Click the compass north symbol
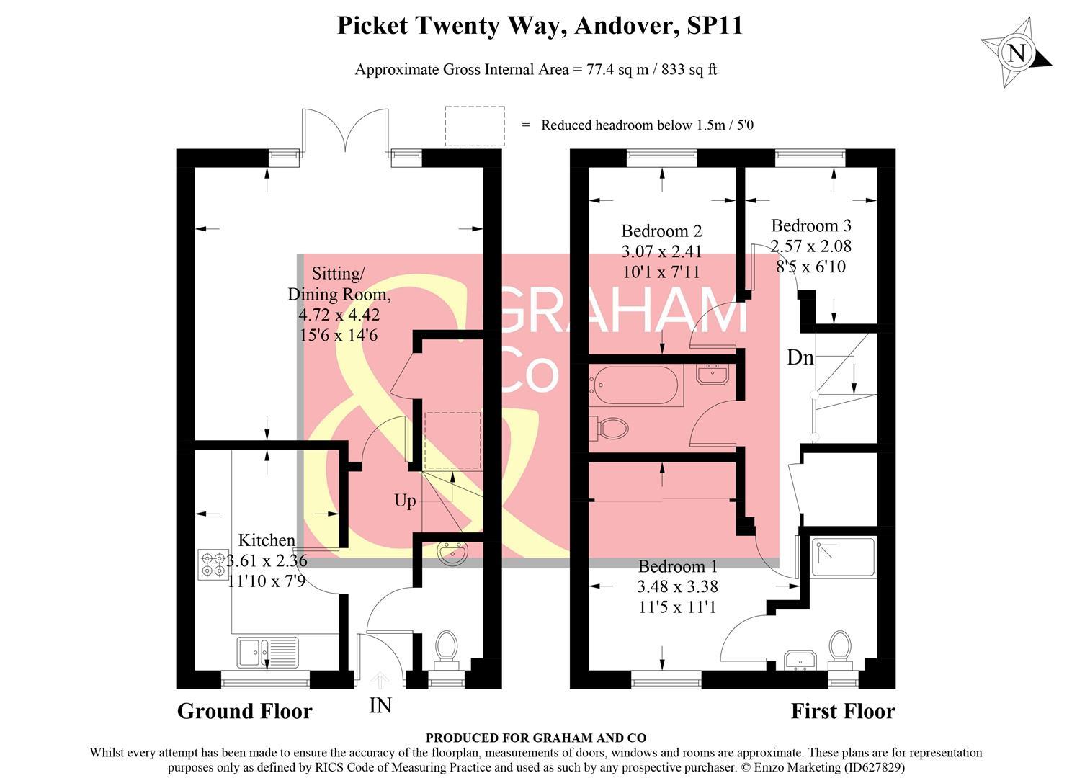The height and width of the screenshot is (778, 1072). (x=1017, y=53)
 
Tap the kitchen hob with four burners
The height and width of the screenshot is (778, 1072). (x=213, y=564)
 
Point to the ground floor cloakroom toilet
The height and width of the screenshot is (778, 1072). (x=446, y=646)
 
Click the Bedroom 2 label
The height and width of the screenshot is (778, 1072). (x=661, y=231)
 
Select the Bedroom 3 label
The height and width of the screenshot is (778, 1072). (x=811, y=225)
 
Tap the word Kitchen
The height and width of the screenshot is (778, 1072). (x=267, y=540)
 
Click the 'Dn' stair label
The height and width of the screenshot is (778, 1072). (x=800, y=357)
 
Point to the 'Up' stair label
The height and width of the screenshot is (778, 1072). (x=405, y=501)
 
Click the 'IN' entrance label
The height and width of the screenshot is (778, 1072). (x=380, y=706)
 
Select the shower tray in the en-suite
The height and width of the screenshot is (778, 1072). (x=843, y=557)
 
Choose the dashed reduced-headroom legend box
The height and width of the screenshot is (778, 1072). (x=474, y=126)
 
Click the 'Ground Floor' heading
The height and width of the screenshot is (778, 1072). (x=244, y=712)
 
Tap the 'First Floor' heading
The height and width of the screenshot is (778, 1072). (x=843, y=712)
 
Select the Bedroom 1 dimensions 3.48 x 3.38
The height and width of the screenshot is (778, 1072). (x=677, y=587)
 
